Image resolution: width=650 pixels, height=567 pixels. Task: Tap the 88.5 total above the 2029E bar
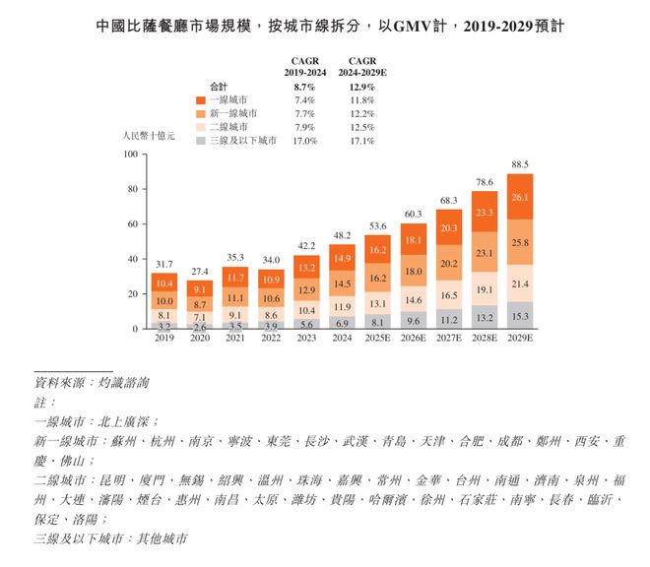click(520, 164)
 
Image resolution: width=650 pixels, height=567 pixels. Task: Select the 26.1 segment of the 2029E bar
click(520, 197)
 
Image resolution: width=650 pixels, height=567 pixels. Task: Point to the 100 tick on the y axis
click(130, 155)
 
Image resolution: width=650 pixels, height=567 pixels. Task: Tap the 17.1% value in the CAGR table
click(361, 141)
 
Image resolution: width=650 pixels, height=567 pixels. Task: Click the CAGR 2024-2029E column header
click(361, 65)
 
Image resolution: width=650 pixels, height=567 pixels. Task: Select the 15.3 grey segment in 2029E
click(520, 315)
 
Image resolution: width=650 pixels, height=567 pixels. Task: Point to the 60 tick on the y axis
click(132, 224)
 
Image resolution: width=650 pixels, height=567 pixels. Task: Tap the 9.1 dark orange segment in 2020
click(199, 289)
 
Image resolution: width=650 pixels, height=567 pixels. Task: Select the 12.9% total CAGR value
click(361, 86)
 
